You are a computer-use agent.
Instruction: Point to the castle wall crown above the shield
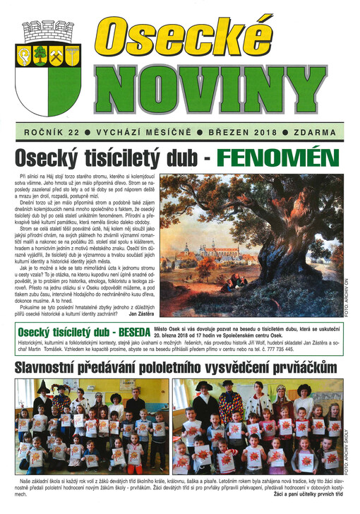pos(48,32)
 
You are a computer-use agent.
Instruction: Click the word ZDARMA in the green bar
pos(323,132)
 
